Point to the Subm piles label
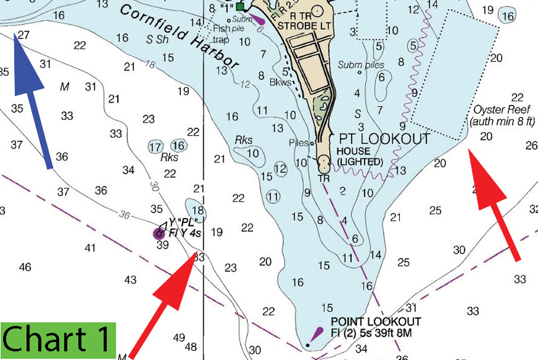tap(361, 65)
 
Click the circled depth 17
tap(155, 146)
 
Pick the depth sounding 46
tap(25, 267)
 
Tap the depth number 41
tap(90, 248)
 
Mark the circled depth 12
tap(280, 168)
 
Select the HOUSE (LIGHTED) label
tap(359, 157)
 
